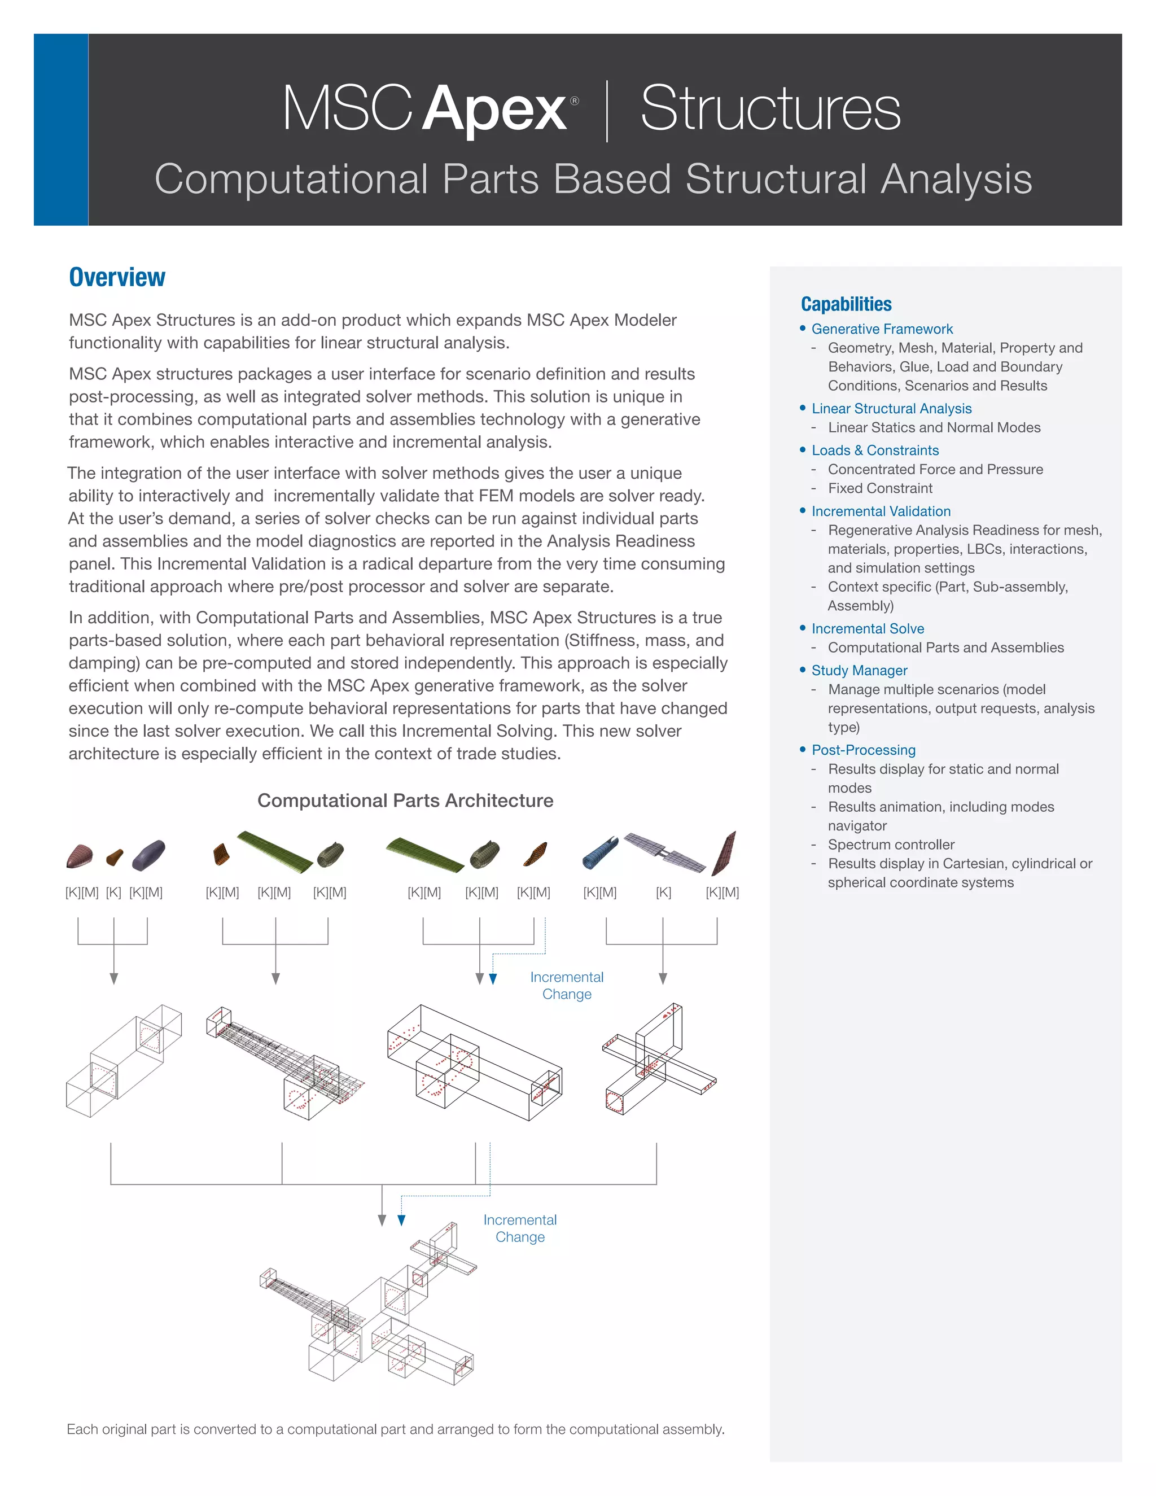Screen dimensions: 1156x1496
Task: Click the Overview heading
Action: pos(117,277)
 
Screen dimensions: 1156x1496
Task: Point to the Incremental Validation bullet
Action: pos(881,511)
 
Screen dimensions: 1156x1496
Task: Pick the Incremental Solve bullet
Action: pos(867,629)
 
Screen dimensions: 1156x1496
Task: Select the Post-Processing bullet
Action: pos(863,750)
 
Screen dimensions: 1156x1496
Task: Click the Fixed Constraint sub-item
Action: pos(879,488)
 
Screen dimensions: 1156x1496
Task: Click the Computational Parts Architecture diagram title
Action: pos(405,801)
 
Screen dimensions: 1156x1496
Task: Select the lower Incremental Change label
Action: pos(520,1228)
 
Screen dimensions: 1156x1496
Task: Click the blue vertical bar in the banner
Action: pos(61,129)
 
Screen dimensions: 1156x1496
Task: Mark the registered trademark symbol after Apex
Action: pos(574,100)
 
